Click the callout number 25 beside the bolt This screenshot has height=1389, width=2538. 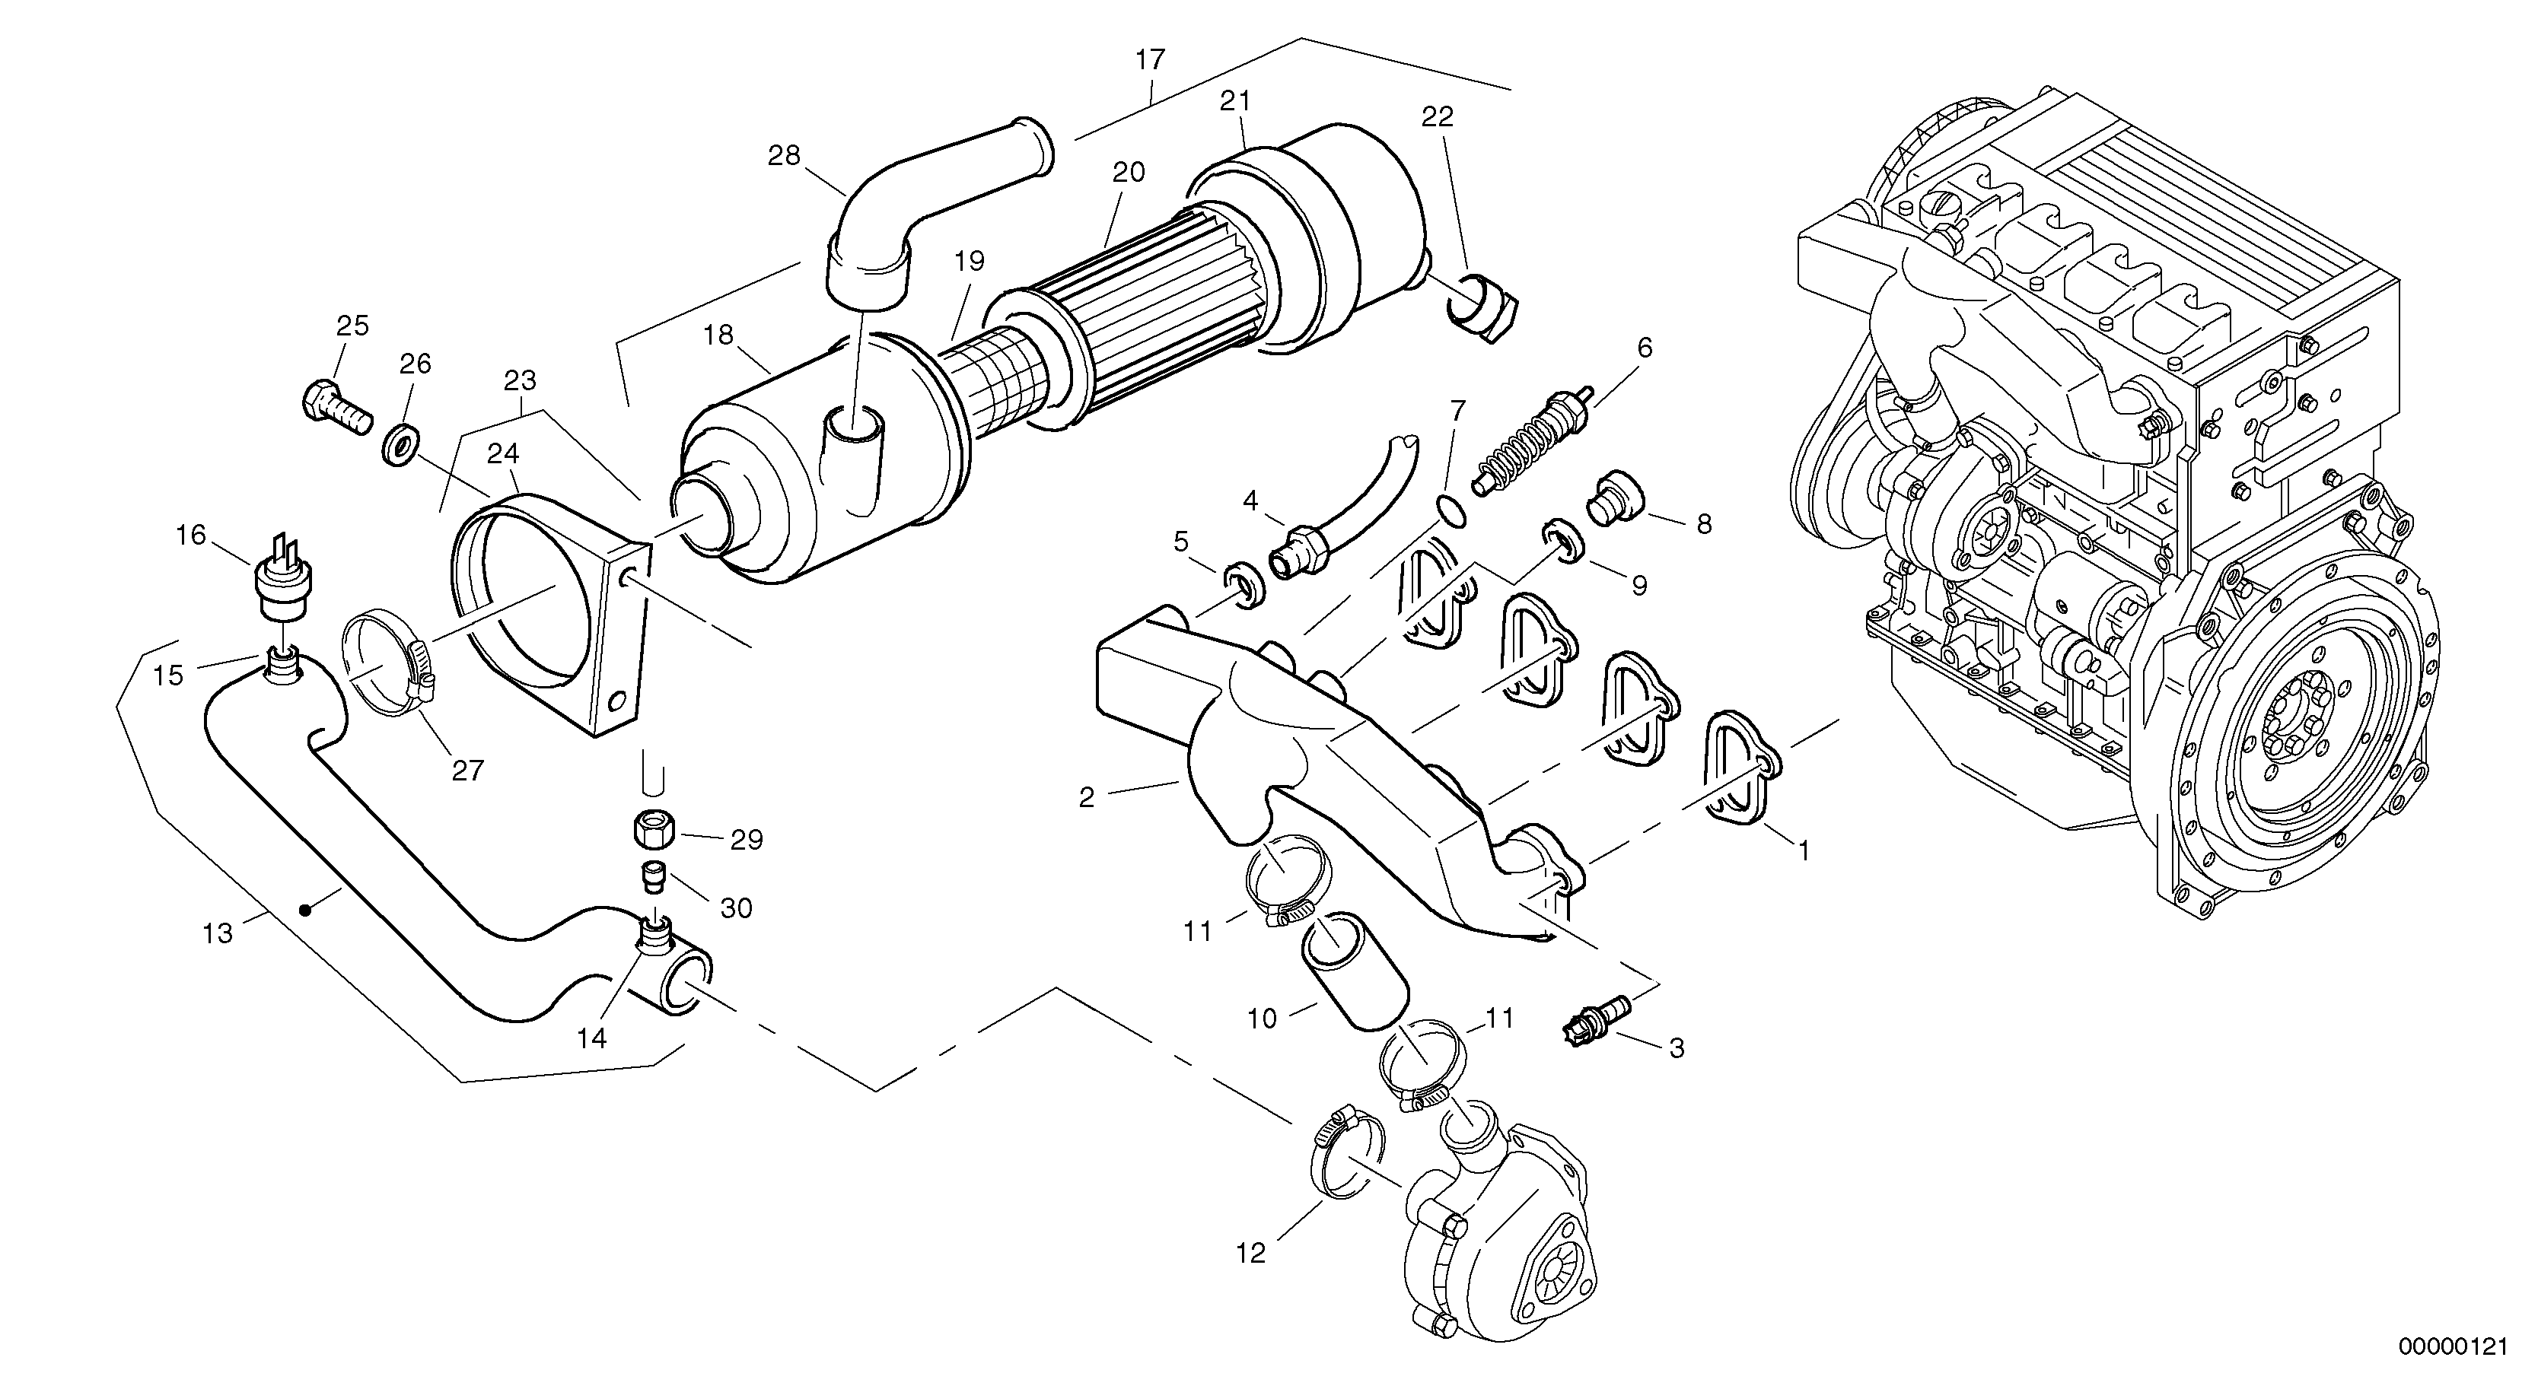point(352,326)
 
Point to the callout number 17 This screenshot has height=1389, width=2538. point(1150,60)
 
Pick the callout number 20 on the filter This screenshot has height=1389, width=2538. point(1129,173)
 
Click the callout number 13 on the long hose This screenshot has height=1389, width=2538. point(217,933)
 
